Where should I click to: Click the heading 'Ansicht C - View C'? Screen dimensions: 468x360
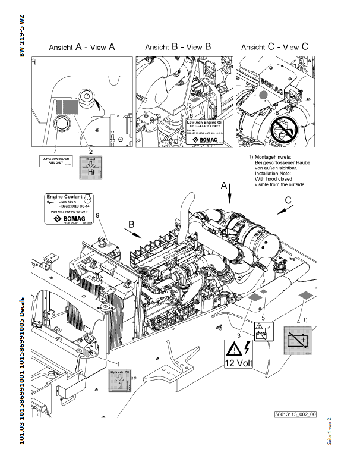pos(275,47)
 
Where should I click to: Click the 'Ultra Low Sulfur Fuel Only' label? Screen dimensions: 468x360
pos(55,162)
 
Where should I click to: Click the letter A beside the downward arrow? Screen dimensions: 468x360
pos(224,186)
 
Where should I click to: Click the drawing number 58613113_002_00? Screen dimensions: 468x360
pos(296,414)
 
